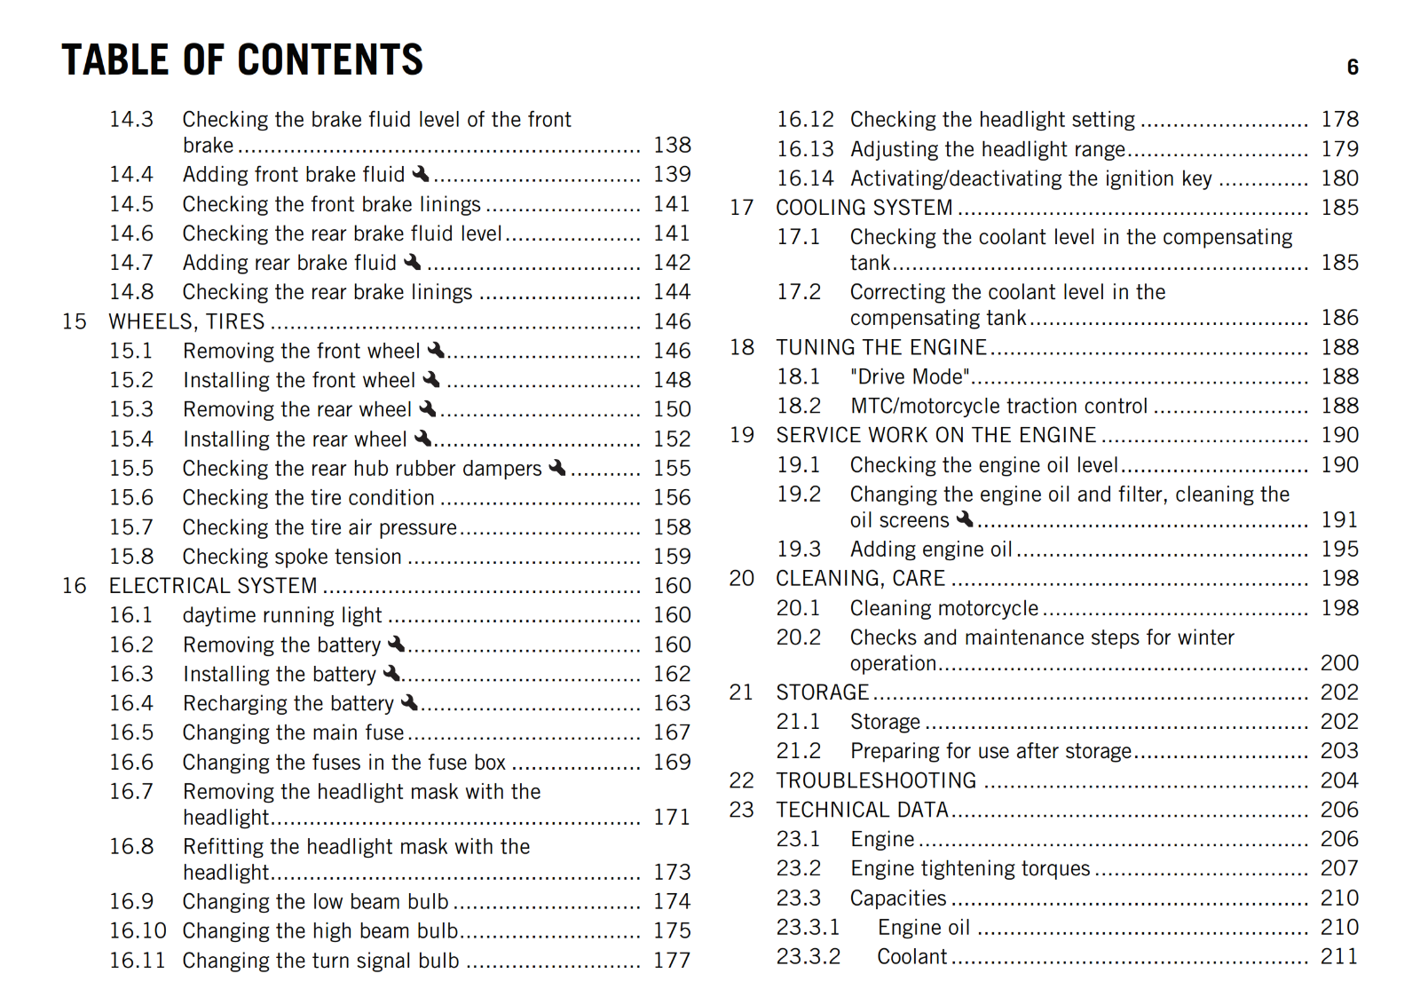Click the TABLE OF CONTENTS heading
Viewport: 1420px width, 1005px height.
242,60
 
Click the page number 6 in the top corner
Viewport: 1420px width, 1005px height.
1352,67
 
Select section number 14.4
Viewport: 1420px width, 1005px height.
131,175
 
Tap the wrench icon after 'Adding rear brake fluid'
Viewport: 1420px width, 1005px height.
413,262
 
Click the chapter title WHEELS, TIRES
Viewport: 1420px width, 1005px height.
186,321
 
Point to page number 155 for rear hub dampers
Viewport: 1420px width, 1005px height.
672,468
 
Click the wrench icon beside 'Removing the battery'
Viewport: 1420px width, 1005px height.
397,644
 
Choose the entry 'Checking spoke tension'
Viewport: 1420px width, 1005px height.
292,557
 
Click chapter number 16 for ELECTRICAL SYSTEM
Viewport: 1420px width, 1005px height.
75,586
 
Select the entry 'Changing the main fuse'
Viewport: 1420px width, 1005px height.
293,732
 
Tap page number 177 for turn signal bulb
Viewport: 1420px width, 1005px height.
672,961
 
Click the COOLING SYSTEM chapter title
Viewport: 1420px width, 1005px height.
864,208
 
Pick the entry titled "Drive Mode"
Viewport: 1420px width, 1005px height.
910,376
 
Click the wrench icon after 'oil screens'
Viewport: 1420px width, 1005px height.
965,518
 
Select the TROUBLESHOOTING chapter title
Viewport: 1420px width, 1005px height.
876,780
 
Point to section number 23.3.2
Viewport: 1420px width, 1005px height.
808,957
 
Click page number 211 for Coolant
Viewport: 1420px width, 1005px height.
1339,957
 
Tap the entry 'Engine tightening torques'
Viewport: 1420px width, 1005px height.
970,868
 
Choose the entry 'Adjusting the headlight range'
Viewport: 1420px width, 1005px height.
988,149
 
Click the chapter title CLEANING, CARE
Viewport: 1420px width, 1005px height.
860,579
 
